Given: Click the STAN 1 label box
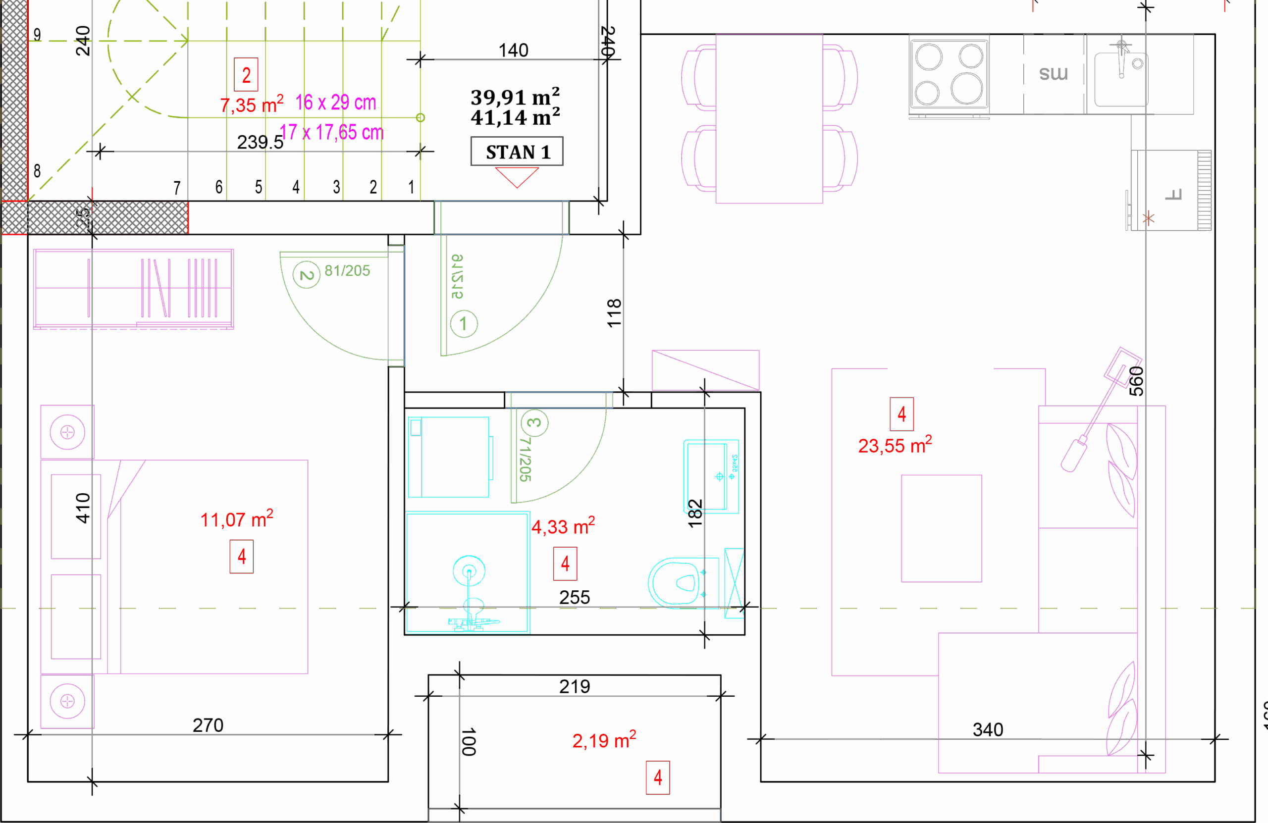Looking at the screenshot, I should tap(516, 153).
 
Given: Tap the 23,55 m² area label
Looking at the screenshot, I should tap(895, 445).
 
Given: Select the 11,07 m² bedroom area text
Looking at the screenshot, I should tap(237, 519).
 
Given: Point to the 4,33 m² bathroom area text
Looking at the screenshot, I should tap(563, 526).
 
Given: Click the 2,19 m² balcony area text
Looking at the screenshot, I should tap(604, 740).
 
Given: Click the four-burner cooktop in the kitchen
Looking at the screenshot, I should tap(949, 75).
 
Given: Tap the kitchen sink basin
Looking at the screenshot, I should tap(1120, 79).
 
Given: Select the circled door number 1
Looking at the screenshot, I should tap(464, 323).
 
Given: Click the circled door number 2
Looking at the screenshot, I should tap(306, 275).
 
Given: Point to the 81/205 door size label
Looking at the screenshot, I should tap(347, 270).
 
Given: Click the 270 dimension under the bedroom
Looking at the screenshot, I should tap(208, 725).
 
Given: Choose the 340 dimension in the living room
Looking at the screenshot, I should tap(988, 729).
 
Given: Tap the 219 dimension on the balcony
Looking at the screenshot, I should tap(575, 686).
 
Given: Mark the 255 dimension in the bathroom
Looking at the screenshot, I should tap(575, 597).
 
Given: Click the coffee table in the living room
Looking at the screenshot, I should tap(942, 528).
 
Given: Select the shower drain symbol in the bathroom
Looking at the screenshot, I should tap(469, 571).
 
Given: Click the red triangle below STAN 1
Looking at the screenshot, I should tap(516, 176).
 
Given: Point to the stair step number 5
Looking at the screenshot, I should tap(259, 187).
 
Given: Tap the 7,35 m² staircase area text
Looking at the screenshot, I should tap(252, 104).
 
